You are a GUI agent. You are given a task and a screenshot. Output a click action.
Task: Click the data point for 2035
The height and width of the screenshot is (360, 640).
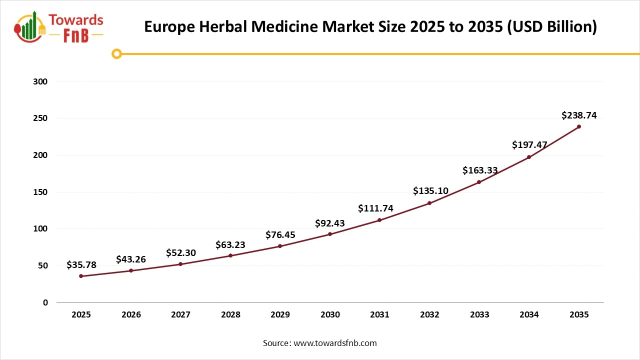[579, 126]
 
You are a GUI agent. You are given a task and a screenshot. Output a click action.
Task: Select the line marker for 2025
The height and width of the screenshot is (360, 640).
[81, 276]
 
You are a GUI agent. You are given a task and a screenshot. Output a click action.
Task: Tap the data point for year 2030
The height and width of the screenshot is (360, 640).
[330, 234]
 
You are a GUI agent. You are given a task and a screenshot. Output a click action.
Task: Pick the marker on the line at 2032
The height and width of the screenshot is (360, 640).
[429, 203]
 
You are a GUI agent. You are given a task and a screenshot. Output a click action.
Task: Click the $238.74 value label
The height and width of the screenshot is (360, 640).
[579, 115]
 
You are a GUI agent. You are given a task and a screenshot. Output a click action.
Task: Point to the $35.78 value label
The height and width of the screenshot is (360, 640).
[81, 265]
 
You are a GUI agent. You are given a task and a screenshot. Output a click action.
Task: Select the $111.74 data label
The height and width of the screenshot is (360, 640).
[375, 208]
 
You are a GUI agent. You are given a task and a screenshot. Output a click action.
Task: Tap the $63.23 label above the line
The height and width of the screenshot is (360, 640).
[230, 244]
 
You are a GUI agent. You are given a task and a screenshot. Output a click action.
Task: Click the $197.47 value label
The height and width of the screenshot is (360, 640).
[529, 145]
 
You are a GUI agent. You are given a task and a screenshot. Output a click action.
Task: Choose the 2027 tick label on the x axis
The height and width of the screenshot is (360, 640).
[180, 314]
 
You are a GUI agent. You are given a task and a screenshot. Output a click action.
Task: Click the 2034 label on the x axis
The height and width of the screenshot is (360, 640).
[529, 314]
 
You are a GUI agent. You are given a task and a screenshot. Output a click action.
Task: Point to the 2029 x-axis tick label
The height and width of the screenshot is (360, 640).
[280, 314]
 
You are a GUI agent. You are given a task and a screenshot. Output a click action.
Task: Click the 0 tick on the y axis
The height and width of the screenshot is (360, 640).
[45, 302]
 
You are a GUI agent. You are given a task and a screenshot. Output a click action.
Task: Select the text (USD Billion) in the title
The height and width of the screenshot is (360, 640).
[552, 26]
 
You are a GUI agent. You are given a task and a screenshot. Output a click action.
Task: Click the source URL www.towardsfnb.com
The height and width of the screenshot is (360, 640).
[334, 343]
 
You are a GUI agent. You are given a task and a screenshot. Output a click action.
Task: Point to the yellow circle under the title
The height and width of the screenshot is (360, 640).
[116, 54]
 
